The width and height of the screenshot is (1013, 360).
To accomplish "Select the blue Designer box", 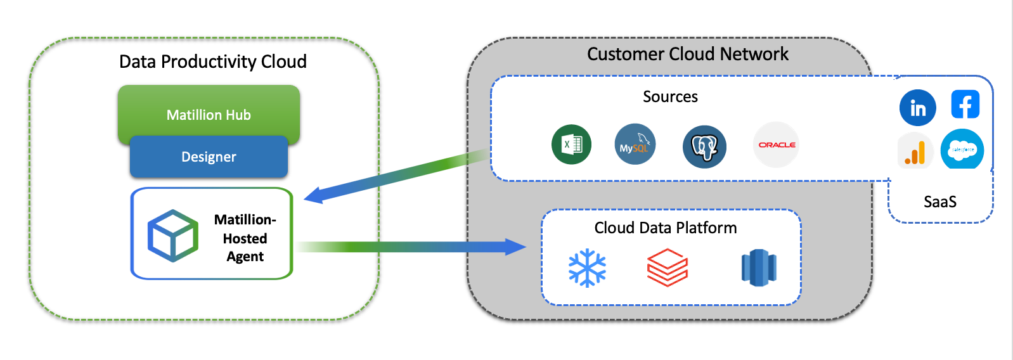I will click(209, 157).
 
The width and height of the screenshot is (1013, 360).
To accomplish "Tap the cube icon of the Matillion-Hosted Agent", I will click(173, 236).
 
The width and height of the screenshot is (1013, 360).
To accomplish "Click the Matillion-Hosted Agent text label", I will click(245, 238).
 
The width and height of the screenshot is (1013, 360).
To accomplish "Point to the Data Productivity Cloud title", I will click(213, 61).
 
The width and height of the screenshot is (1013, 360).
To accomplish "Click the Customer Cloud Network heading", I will click(687, 54).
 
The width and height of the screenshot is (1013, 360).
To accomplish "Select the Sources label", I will click(670, 96).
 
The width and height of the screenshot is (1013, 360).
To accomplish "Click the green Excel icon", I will click(571, 145).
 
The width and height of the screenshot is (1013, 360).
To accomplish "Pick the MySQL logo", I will click(635, 145).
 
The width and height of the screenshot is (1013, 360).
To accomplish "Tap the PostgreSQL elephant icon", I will click(704, 146).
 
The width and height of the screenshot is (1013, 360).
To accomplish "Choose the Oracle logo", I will click(777, 145).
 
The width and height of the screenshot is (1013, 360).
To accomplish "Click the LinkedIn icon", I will click(917, 108).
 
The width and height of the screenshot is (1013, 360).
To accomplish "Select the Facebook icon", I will click(965, 105).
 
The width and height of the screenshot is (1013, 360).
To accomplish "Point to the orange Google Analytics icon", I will click(915, 152).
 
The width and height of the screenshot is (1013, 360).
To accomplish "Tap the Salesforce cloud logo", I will click(962, 150).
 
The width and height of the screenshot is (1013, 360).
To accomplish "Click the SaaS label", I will click(940, 202).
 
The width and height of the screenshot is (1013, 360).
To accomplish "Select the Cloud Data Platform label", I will click(665, 228).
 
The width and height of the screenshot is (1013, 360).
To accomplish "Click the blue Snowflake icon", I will click(587, 268).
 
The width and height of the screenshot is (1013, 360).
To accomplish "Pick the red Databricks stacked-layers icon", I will click(668, 267).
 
